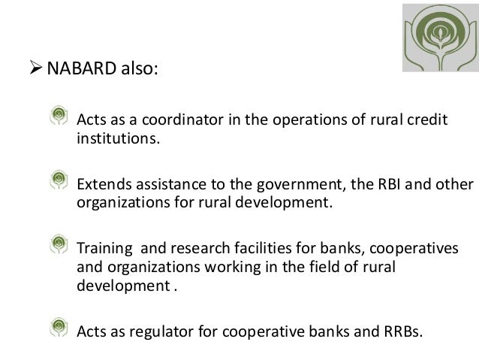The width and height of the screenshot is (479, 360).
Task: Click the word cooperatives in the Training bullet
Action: (x=420, y=247)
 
